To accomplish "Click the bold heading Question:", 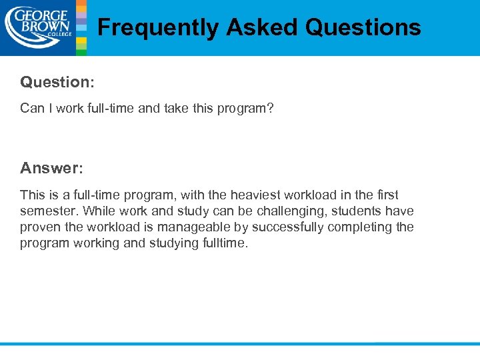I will point(57,82).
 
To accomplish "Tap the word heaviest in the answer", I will point(255,195).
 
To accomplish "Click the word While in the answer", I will point(93,211).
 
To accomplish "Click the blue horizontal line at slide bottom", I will point(240,344).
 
